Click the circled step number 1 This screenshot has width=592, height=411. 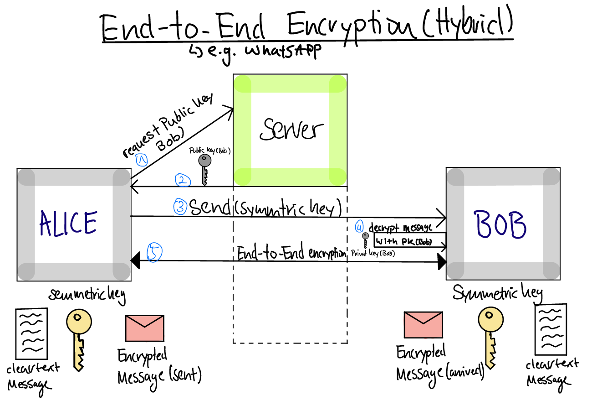pyautogui.click(x=142, y=160)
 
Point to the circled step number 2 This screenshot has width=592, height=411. pyautogui.click(x=182, y=181)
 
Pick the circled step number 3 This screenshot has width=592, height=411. pyautogui.click(x=180, y=208)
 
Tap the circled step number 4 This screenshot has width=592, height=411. pyautogui.click(x=360, y=226)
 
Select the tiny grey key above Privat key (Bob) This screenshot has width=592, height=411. pyautogui.click(x=365, y=239)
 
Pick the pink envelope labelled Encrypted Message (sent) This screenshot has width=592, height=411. pyautogui.click(x=144, y=328)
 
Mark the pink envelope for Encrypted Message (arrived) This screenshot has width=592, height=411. pyautogui.click(x=423, y=325)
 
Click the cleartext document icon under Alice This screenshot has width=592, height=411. pyautogui.click(x=31, y=333)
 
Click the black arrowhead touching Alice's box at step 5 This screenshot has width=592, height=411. pyautogui.click(x=135, y=261)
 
